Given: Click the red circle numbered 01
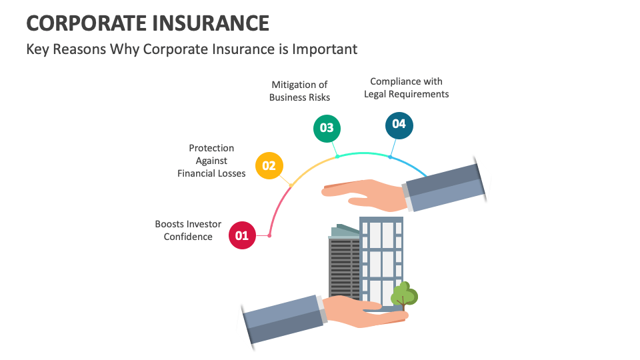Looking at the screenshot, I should [242, 235].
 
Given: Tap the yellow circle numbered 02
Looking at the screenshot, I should [269, 165].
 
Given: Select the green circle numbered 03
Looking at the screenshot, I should [327, 128].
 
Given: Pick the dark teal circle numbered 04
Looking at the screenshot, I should [399, 125].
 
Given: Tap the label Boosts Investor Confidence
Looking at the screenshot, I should [188, 231].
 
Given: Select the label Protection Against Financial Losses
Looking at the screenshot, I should [211, 161].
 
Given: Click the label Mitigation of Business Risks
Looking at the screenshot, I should [299, 91].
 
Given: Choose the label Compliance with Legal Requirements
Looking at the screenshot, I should [406, 88].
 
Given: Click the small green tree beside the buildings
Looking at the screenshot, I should [404, 295].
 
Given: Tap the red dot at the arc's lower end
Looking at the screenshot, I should [269, 235].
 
